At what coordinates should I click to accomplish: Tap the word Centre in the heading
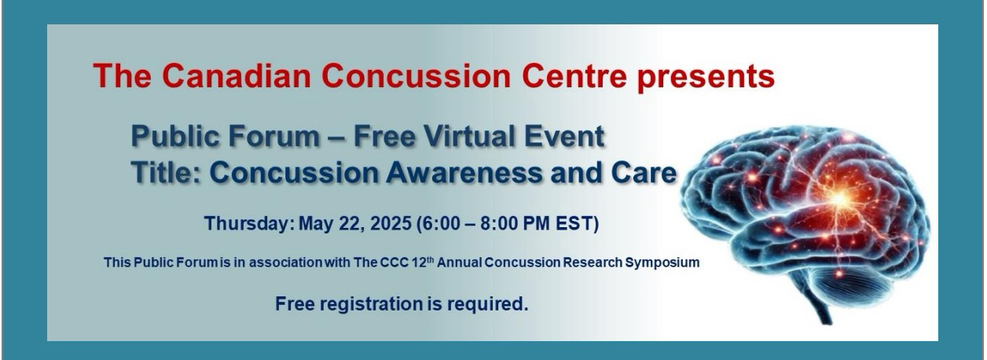(574, 75)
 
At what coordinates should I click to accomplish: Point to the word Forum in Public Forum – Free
(273, 136)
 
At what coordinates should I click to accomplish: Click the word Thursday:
(249, 223)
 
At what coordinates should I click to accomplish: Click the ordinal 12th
(423, 263)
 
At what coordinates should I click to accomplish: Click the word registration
(372, 304)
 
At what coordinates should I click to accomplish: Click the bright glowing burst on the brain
(838, 200)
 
